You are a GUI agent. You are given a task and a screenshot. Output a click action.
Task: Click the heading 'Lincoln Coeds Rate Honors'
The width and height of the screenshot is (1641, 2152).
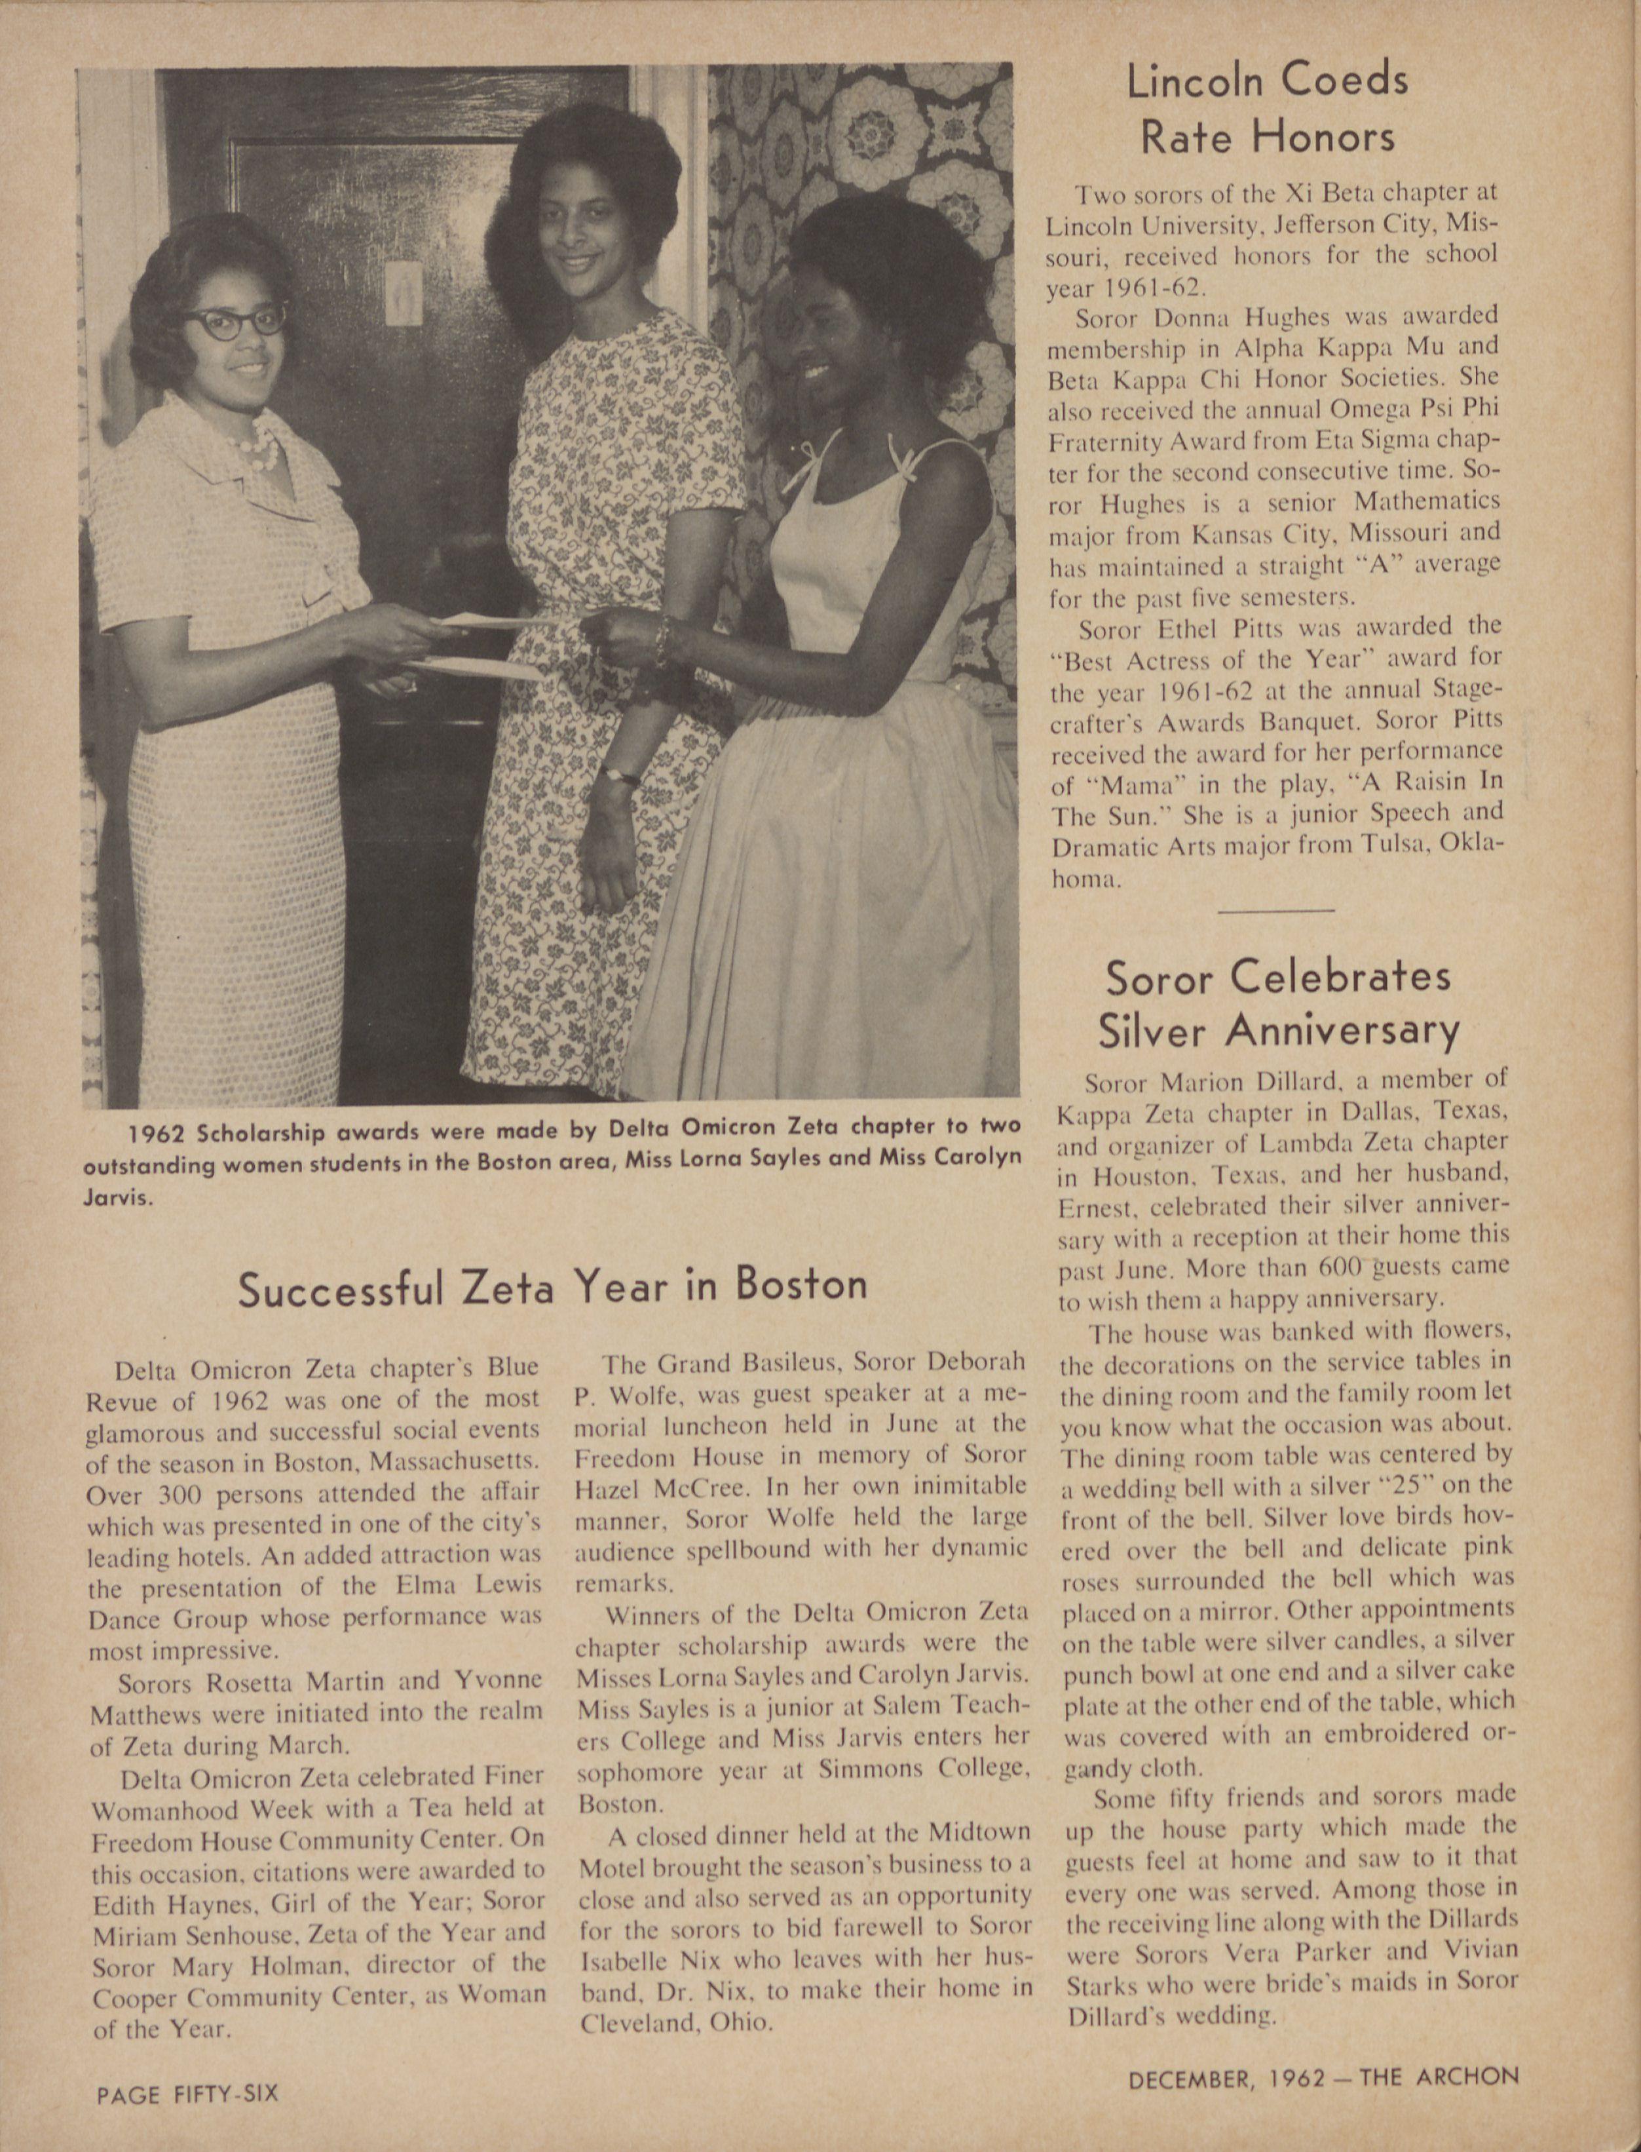(x=1268, y=109)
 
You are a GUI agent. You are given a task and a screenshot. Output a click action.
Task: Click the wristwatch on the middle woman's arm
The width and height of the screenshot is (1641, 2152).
(x=617, y=775)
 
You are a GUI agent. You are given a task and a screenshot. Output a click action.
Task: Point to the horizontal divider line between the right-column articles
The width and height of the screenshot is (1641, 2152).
(x=1277, y=910)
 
